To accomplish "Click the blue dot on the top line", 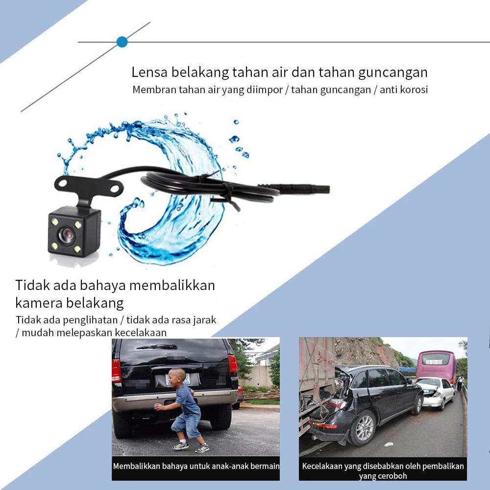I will tap(122, 42).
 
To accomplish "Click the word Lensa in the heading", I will tap(149, 73).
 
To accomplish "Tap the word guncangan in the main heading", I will tap(392, 73).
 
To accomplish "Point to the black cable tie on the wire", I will tap(226, 188).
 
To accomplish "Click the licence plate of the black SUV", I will tap(177, 379).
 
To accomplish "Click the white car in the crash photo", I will tap(436, 392).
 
